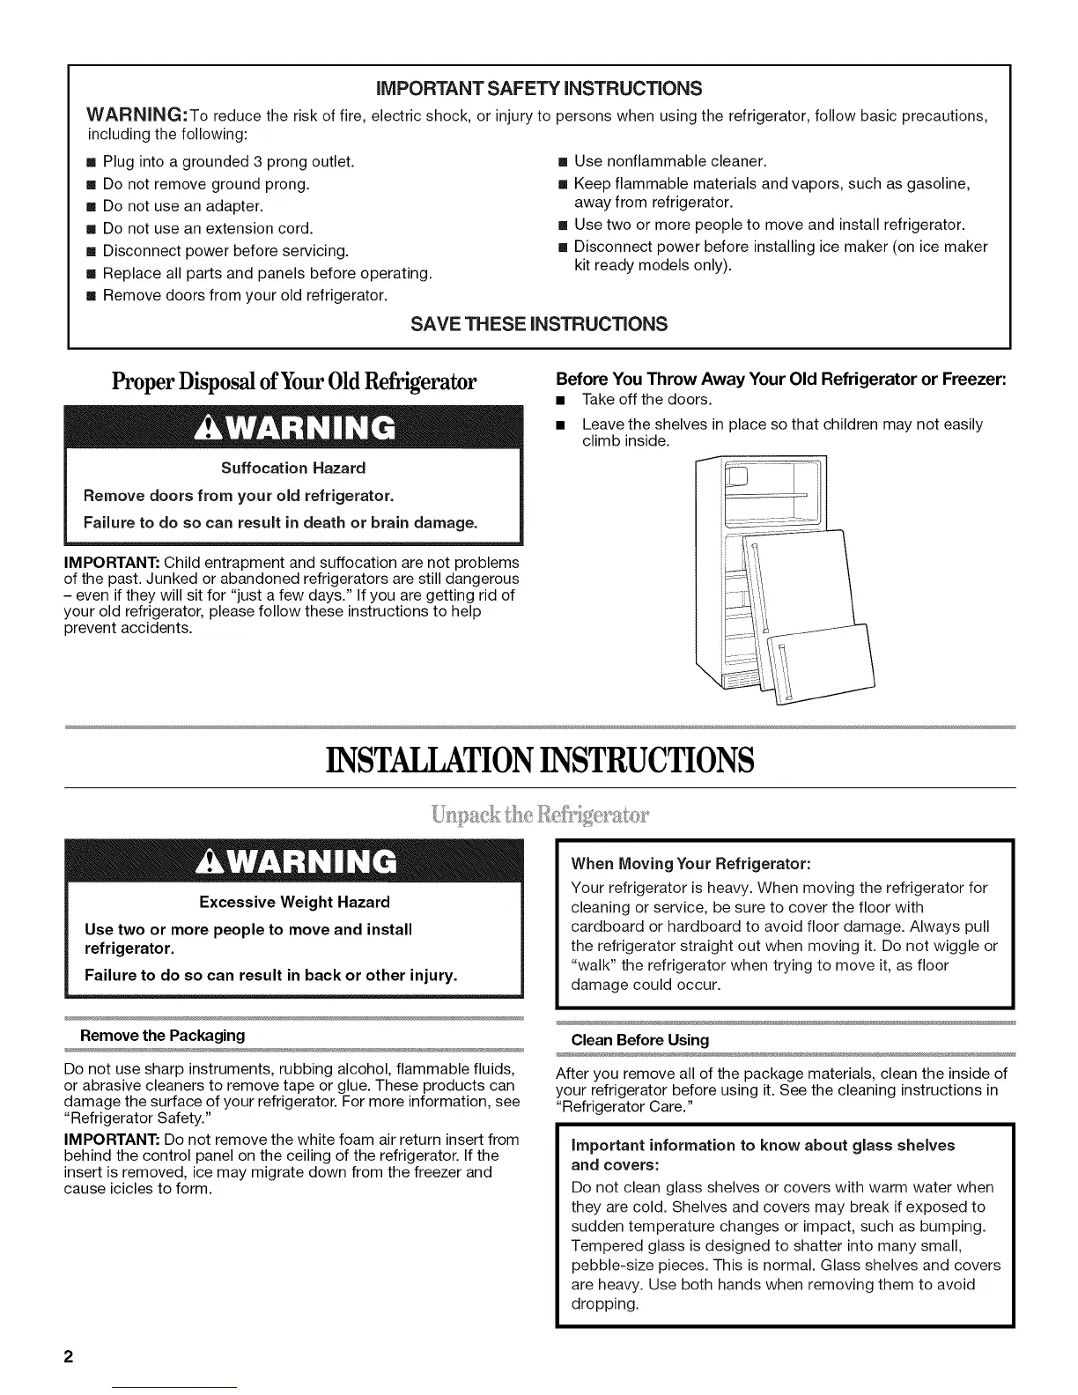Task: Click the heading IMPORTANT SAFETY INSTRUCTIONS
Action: [539, 89]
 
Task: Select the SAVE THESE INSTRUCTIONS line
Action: [539, 324]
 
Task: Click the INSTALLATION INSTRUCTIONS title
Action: [539, 760]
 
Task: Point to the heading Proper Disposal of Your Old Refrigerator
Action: [294, 383]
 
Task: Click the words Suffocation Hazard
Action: [293, 468]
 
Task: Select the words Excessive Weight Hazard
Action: [294, 902]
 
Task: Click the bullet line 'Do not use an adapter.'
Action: [183, 206]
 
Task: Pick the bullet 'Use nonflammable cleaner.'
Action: [670, 161]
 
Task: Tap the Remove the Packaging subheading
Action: [162, 1035]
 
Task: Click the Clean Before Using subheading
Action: [639, 1040]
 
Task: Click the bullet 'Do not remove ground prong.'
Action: [206, 184]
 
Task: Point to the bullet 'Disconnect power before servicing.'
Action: [225, 251]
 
